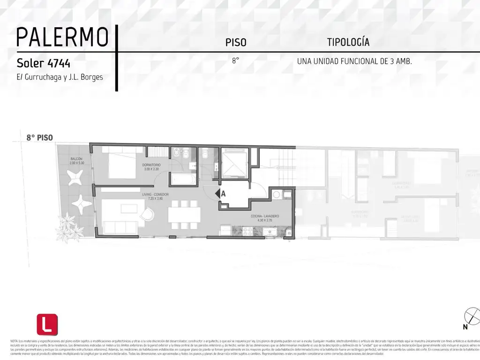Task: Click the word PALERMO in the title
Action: click(x=62, y=37)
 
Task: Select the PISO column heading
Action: click(x=236, y=43)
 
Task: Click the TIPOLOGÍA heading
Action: click(x=348, y=42)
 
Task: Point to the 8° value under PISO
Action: click(x=235, y=61)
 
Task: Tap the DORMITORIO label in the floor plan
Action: click(x=151, y=165)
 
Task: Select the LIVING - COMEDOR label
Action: click(x=155, y=195)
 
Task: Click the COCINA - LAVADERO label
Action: click(x=265, y=217)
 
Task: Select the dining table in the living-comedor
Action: click(x=185, y=215)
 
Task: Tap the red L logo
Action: click(x=47, y=324)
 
